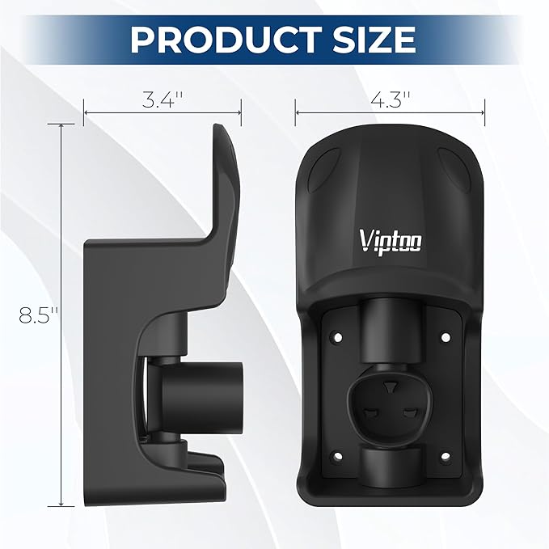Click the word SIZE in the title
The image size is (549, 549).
click(x=371, y=39)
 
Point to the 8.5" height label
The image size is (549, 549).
click(x=35, y=316)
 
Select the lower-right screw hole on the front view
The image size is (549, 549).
click(x=443, y=458)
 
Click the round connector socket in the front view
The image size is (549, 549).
click(x=391, y=400)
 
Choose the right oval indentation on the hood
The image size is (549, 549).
click(x=454, y=171)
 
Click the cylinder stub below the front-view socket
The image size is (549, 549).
click(x=391, y=466)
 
